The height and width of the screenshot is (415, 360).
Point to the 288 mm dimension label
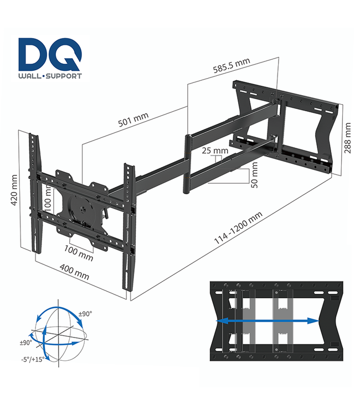pos(347,139)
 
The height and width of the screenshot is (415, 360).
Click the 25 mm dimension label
pos(215,151)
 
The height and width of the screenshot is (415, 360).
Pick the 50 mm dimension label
pos(254,178)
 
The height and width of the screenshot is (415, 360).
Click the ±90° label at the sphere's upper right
pos(85,314)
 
